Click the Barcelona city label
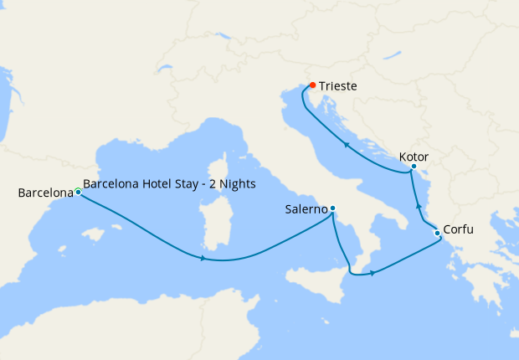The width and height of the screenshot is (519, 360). click(x=45, y=193)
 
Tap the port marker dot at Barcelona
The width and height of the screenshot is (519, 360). click(x=78, y=192)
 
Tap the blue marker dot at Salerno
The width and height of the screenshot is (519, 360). click(x=332, y=208)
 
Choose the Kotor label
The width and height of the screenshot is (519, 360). click(x=415, y=157)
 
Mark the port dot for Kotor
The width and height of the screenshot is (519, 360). click(x=414, y=167)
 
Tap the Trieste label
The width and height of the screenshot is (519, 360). click(x=337, y=85)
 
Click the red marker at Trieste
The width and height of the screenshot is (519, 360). click(x=312, y=85)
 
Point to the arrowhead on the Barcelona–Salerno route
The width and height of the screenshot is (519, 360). click(x=203, y=258)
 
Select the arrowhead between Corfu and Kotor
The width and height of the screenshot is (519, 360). click(x=418, y=205)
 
